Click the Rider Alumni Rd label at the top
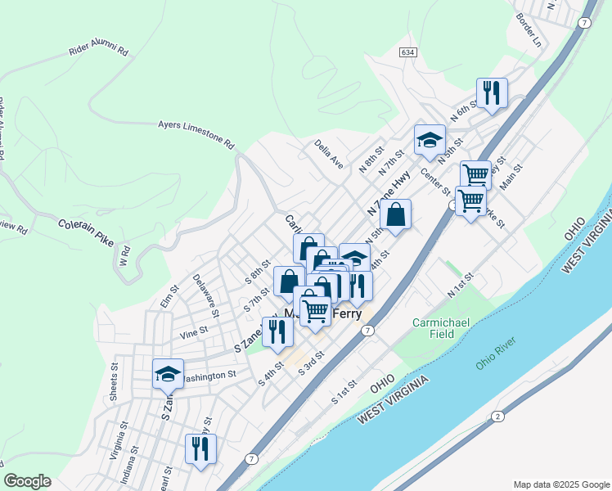click(99, 50)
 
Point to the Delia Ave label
click(329, 153)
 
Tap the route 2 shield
click(497, 417)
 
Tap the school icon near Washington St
click(168, 373)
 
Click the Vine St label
click(194, 334)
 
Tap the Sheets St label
click(113, 383)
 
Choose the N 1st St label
click(461, 287)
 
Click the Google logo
click(27, 481)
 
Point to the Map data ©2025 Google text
click(560, 484)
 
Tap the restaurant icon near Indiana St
click(200, 448)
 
